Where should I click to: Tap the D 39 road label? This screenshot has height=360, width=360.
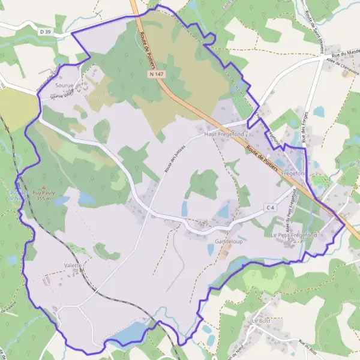[45, 30]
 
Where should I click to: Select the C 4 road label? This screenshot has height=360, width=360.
[271, 208]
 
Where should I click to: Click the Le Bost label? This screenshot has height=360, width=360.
[262, 321]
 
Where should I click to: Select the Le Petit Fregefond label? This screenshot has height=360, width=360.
[293, 235]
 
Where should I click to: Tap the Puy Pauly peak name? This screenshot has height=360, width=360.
[43, 192]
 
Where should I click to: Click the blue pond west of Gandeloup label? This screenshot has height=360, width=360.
[184, 208]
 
